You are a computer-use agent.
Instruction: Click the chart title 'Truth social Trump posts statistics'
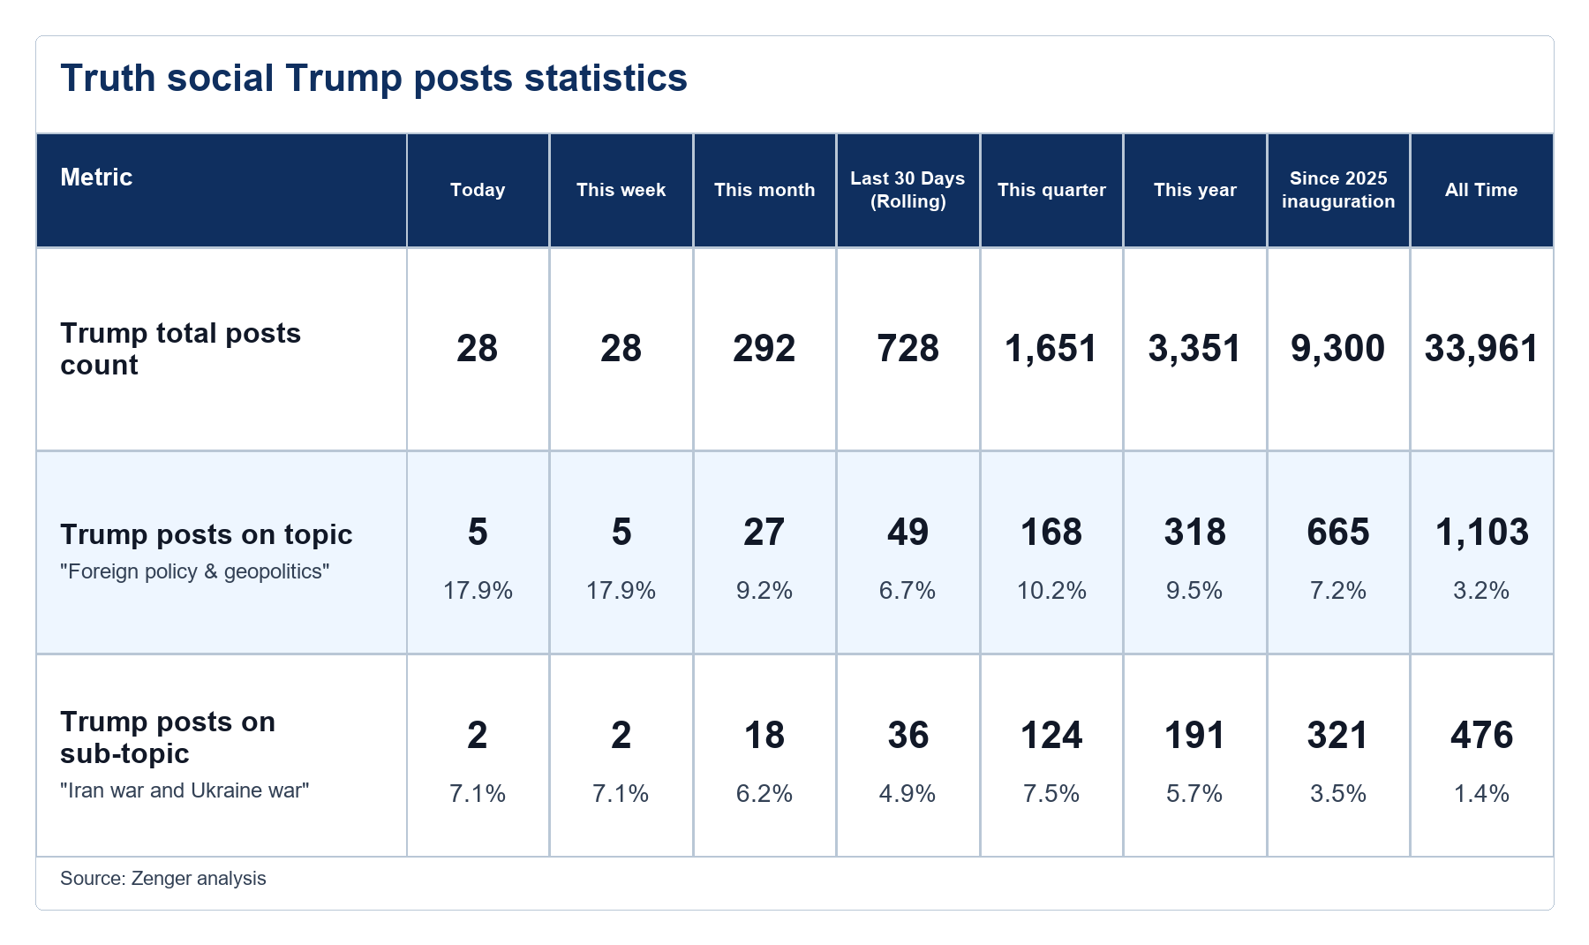[x=373, y=78]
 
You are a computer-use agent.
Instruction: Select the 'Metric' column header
[x=96, y=178]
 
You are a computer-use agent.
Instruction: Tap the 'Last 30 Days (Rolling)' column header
[x=907, y=190]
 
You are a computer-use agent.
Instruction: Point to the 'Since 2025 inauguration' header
[x=1338, y=190]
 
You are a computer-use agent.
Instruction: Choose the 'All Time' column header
[x=1481, y=190]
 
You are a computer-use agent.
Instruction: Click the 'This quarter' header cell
[x=1051, y=190]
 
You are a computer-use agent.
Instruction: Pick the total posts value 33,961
[x=1481, y=349]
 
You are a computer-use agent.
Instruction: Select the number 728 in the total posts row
[x=907, y=349]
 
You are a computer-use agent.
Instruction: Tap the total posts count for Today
[x=478, y=349]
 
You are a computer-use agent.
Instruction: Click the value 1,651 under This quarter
[x=1051, y=349]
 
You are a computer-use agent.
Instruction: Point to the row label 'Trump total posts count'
[x=180, y=349]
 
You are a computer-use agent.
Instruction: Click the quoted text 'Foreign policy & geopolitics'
[x=195, y=571]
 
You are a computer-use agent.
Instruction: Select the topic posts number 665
[x=1338, y=533]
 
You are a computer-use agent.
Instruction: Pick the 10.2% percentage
[x=1051, y=590]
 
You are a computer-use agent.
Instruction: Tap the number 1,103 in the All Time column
[x=1481, y=533]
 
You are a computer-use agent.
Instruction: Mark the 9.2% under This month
[x=764, y=590]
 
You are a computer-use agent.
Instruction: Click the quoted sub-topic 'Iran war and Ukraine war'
[x=185, y=790]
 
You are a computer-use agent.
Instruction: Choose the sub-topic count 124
[x=1051, y=736]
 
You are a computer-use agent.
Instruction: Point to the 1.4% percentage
[x=1481, y=793]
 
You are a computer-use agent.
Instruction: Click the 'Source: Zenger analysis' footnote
[x=163, y=879]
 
